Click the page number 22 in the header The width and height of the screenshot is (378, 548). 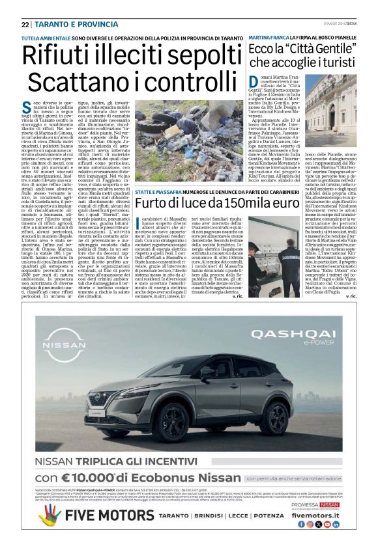pyautogui.click(x=25, y=24)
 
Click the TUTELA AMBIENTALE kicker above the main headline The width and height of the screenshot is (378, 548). pyautogui.click(x=46, y=39)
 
